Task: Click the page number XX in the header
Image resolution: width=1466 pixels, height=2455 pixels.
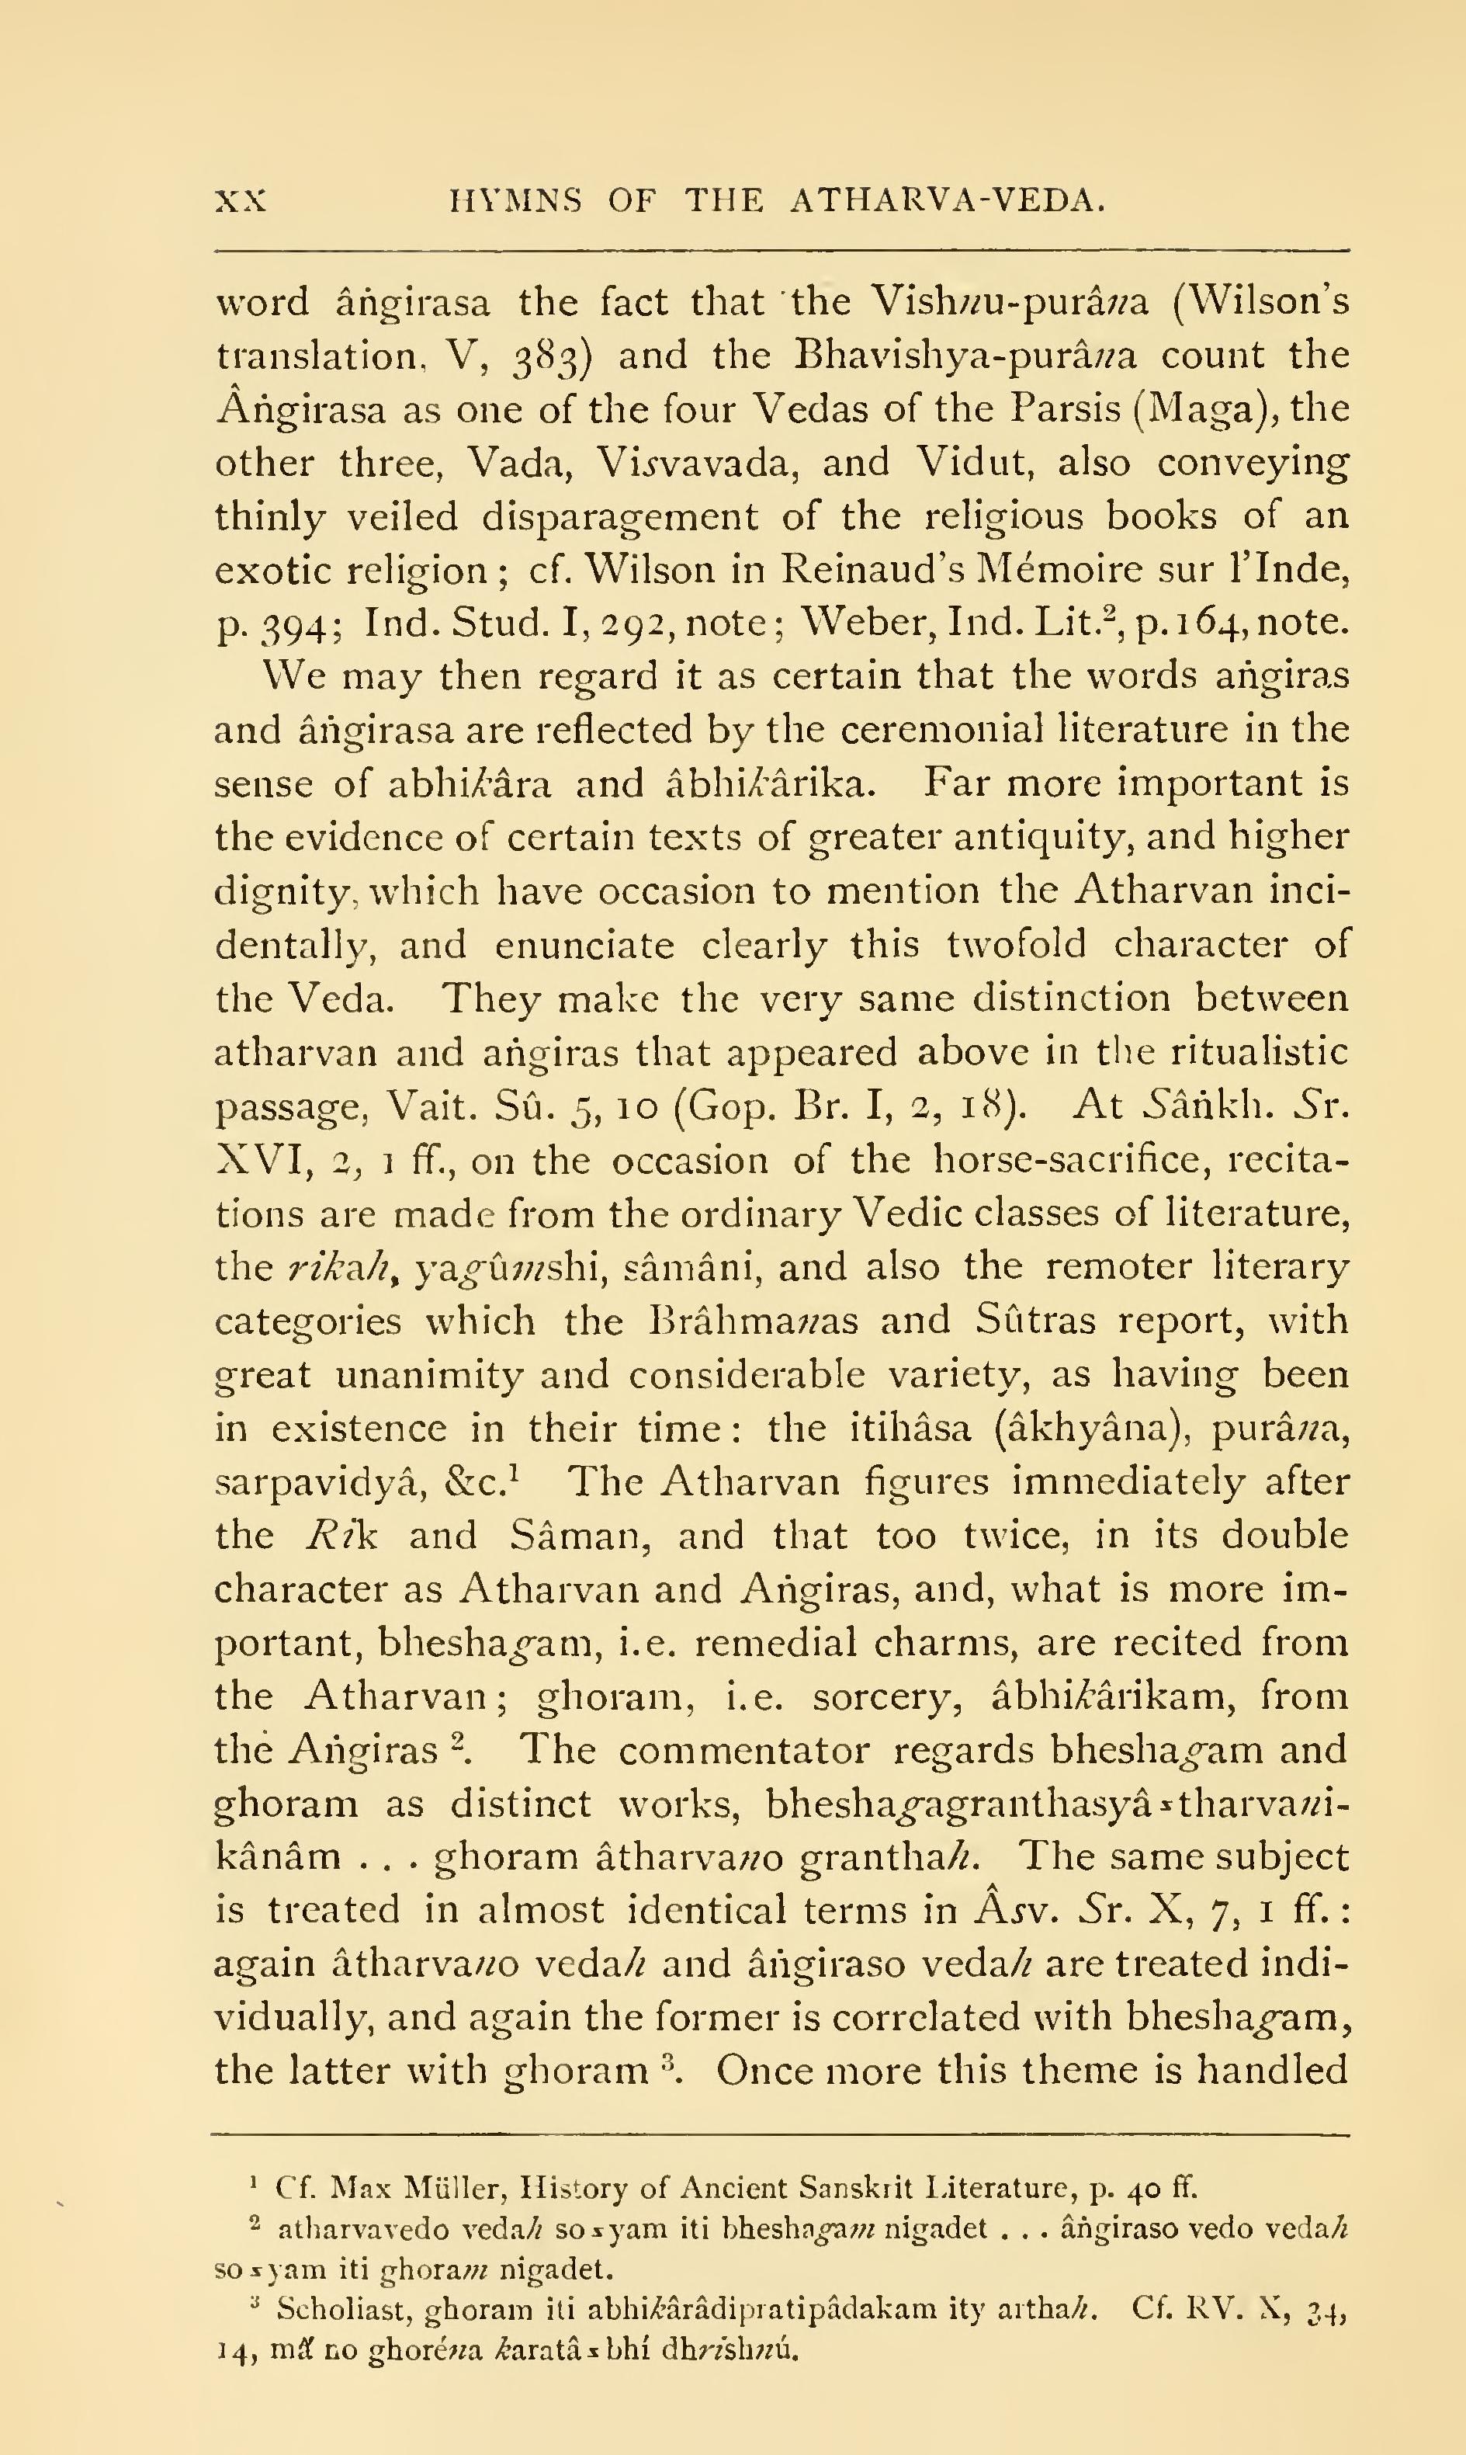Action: pyautogui.click(x=241, y=202)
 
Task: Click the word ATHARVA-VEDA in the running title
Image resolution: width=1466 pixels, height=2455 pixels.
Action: pyautogui.click(x=946, y=202)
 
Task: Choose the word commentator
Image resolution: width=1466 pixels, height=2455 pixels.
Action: pyautogui.click(x=746, y=1750)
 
